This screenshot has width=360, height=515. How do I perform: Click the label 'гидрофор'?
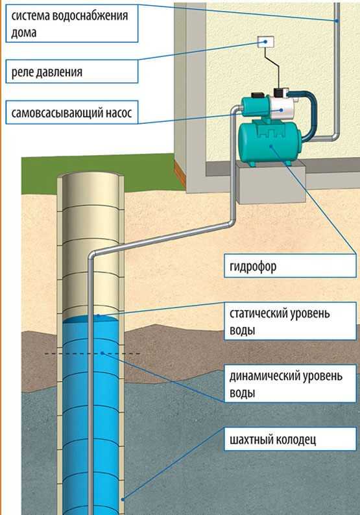pos(253,267)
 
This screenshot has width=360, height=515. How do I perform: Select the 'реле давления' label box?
pos(72,71)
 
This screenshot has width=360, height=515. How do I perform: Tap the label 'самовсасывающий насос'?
pos(71,113)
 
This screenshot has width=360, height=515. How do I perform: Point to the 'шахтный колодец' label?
pos(273,439)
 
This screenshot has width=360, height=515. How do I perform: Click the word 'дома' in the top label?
pos(23,33)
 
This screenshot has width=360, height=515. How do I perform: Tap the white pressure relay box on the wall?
pos(266,42)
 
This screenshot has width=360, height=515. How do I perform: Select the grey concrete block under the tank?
pos(270,182)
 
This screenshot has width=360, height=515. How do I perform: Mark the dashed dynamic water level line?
pos(92,353)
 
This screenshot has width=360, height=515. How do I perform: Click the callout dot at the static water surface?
pos(98,315)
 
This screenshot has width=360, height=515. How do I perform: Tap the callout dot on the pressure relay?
pos(265,42)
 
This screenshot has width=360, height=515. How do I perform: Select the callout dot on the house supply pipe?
pos(337,21)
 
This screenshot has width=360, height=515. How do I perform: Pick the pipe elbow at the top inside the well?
pos(92,255)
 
